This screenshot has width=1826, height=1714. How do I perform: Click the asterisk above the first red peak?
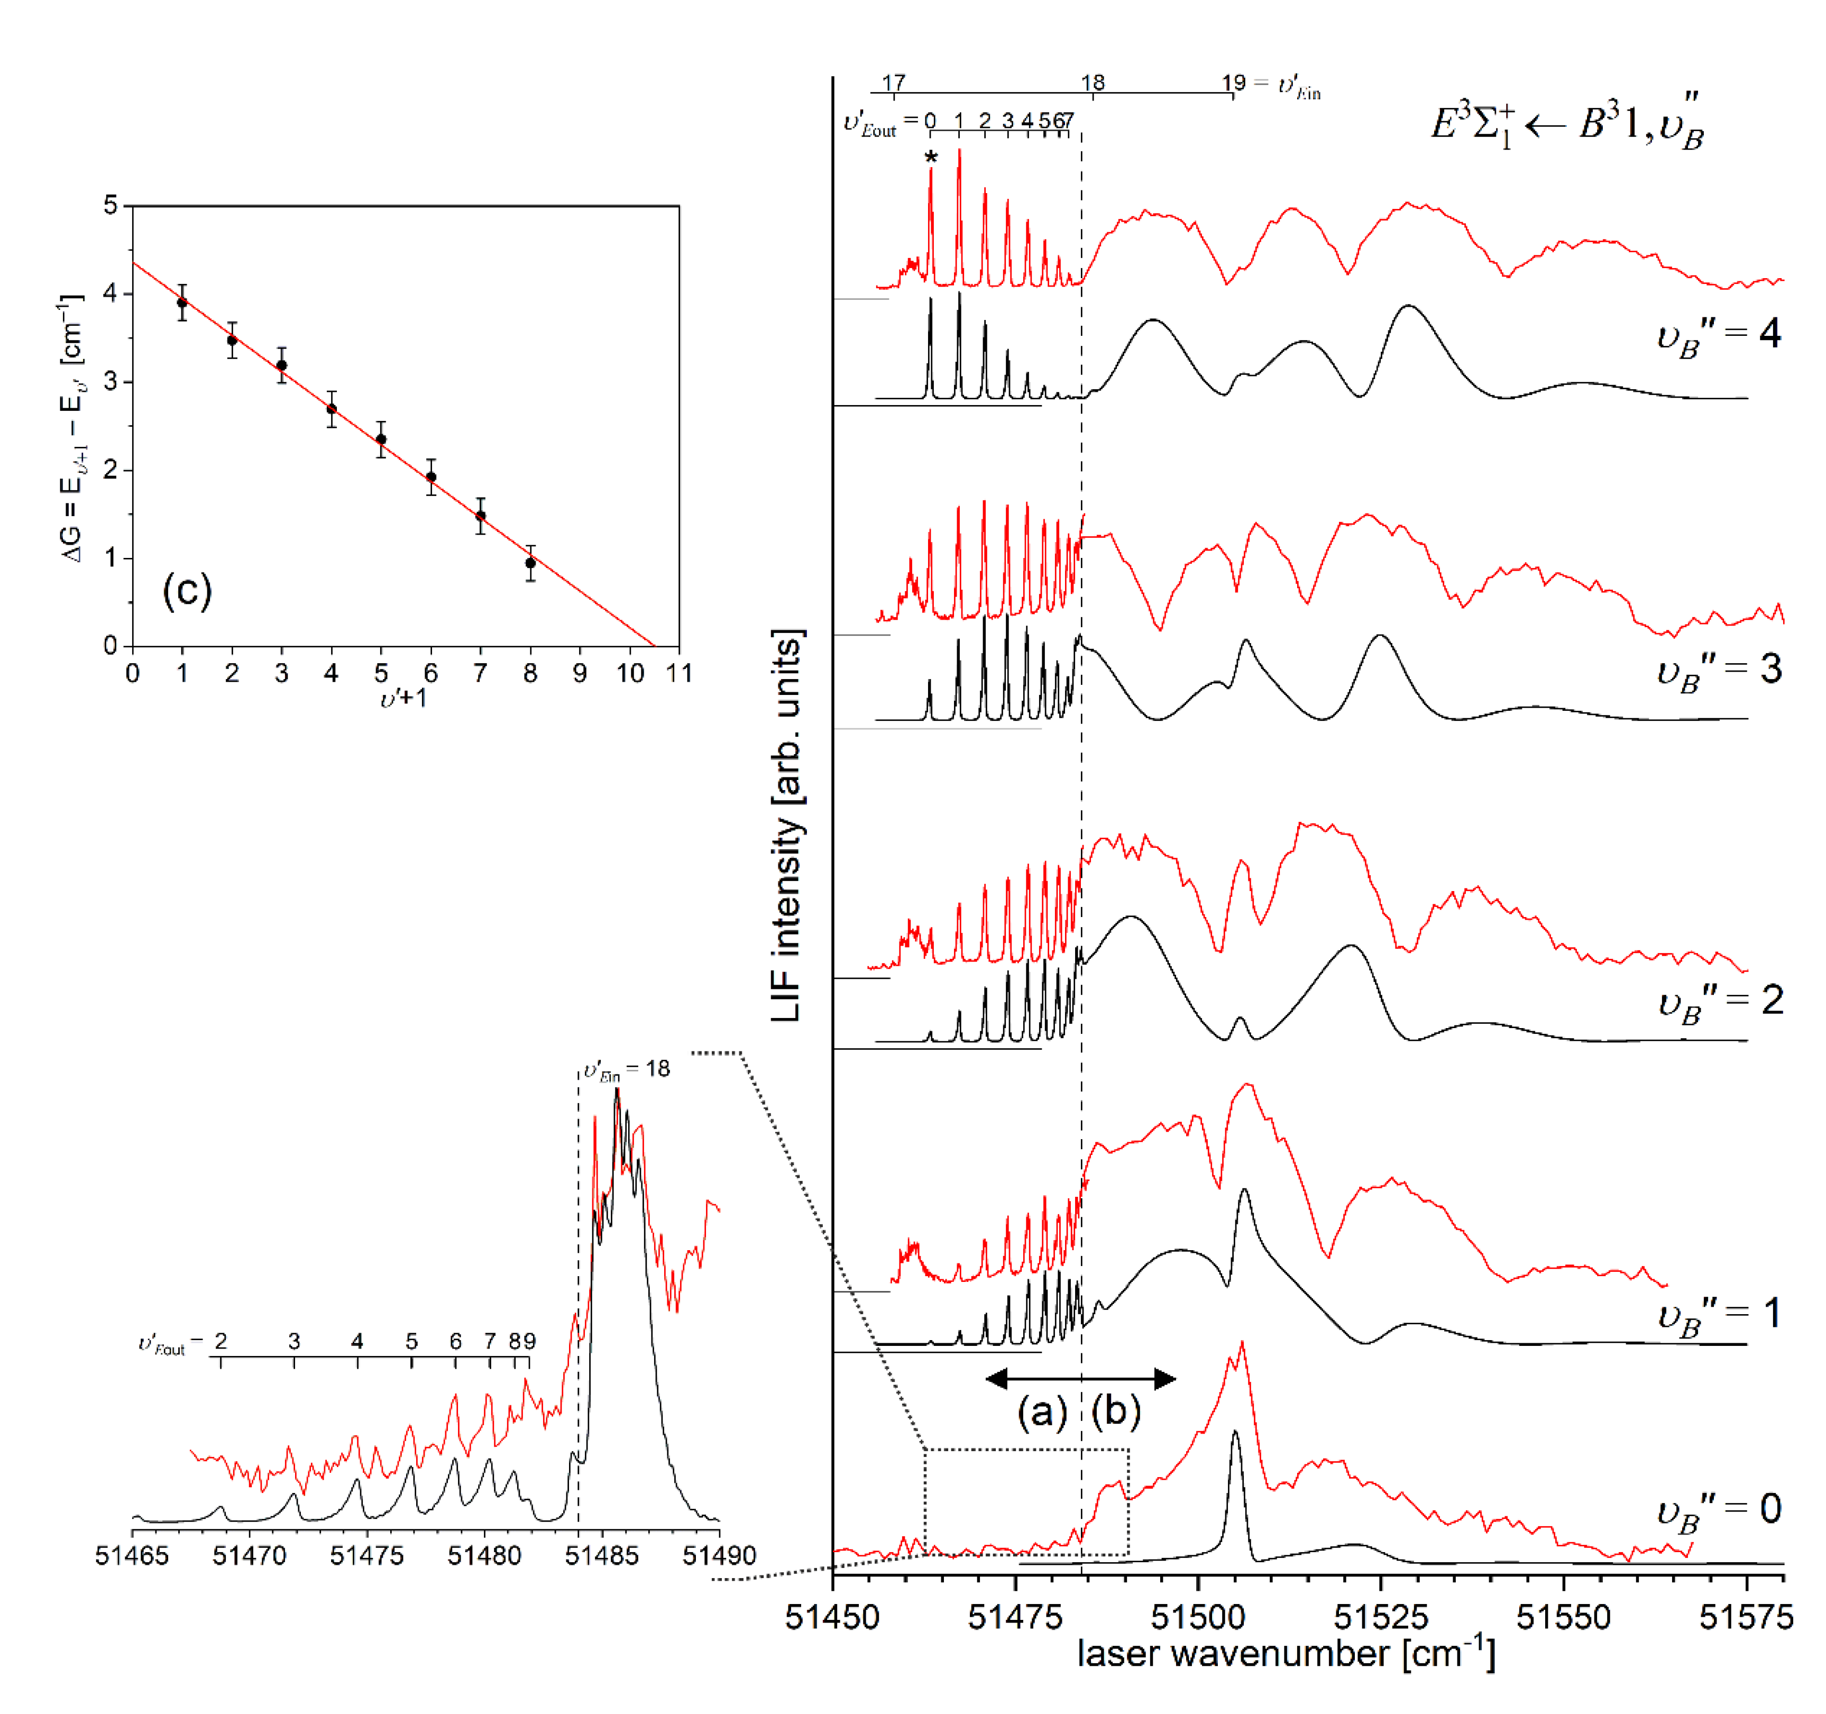pos(931,158)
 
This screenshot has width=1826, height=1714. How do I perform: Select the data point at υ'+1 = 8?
pos(530,563)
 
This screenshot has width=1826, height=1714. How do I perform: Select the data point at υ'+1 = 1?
pos(182,302)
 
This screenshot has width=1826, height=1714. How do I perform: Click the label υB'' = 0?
pos(1718,1510)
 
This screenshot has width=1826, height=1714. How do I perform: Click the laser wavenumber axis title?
pos(1286,1653)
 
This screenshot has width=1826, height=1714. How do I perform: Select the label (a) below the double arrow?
pos(1042,1410)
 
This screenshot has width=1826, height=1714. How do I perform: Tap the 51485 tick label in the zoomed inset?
pos(602,1555)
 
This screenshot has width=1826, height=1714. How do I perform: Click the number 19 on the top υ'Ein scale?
pos(1233,83)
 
